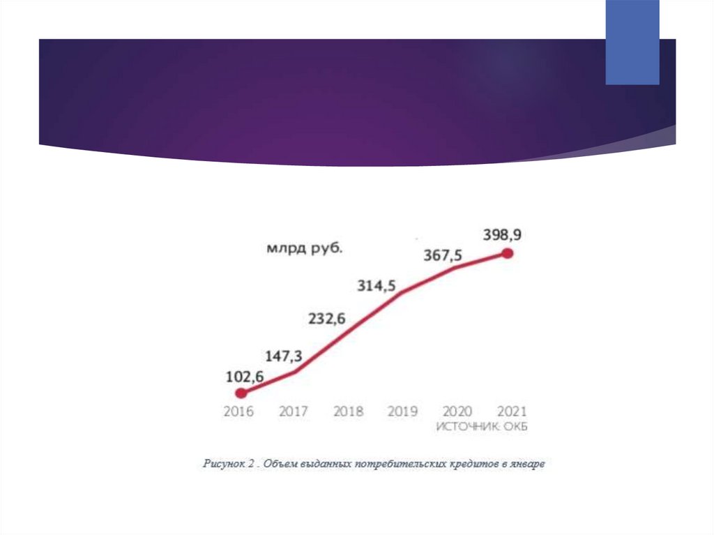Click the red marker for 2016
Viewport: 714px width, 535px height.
click(x=241, y=393)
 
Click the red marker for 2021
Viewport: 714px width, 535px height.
click(x=508, y=254)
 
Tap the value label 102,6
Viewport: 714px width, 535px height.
click(x=244, y=377)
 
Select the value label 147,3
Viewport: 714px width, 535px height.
click(x=282, y=356)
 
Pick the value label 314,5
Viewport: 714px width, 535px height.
click(x=377, y=285)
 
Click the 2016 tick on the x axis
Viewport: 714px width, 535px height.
click(x=238, y=411)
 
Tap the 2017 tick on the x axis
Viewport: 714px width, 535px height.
click(x=294, y=411)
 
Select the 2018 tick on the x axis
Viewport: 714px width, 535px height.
click(x=348, y=411)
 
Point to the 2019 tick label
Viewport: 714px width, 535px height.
click(x=402, y=411)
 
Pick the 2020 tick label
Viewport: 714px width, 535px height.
click(x=457, y=411)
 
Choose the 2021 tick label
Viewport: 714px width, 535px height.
click(x=512, y=411)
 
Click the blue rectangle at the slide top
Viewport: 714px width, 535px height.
click(x=632, y=42)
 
